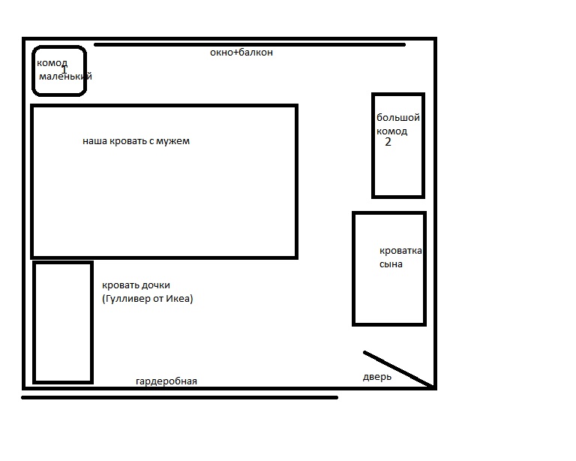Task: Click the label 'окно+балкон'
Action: (x=241, y=53)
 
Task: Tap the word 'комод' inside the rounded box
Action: (x=52, y=63)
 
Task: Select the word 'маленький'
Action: (x=65, y=77)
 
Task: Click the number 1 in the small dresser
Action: (x=64, y=69)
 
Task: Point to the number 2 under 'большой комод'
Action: (x=388, y=142)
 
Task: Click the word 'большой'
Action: (x=398, y=118)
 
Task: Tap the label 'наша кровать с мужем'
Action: (x=136, y=141)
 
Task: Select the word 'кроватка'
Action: (x=400, y=251)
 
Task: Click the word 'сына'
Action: (x=391, y=264)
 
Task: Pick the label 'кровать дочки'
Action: (x=136, y=285)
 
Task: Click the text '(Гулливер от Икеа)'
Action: (x=147, y=299)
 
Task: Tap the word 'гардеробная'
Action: (x=166, y=381)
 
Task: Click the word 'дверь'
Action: (x=377, y=377)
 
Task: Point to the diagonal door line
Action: (x=398, y=369)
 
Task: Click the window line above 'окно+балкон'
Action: (x=250, y=45)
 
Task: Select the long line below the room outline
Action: (x=180, y=397)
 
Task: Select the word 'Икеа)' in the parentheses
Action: (x=179, y=299)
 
